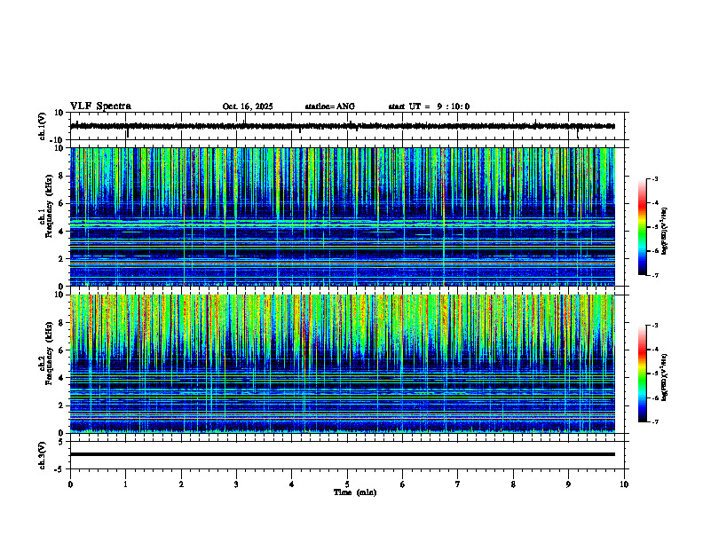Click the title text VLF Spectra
coord(100,106)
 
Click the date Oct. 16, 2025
coord(248,106)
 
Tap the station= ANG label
coord(329,106)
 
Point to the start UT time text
coord(429,106)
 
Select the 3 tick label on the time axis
coord(236,484)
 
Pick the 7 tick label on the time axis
coord(457,484)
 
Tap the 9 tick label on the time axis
coord(568,484)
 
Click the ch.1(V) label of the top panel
coord(43,126)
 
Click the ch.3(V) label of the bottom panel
coord(43,454)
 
